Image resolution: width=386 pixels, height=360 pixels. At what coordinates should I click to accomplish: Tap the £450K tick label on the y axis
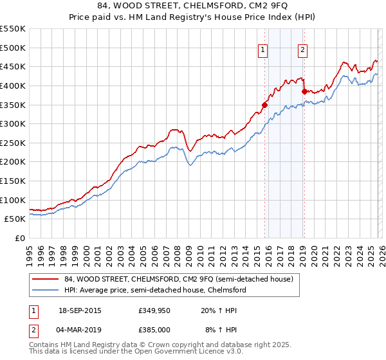coord(13,66)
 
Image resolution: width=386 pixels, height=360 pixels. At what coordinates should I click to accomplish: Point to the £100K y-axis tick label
coord(13,200)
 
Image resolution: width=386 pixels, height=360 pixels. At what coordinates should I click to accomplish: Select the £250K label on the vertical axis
coord(13,143)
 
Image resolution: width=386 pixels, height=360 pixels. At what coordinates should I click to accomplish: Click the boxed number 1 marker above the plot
coord(264,51)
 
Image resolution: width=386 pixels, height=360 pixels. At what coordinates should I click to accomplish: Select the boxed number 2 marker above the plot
coord(302,51)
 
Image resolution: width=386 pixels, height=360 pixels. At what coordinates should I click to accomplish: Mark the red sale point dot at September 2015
coord(264,104)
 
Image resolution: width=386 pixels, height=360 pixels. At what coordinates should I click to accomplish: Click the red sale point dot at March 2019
coord(304,91)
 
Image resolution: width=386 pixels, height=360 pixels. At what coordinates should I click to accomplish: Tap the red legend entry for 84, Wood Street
coord(178,279)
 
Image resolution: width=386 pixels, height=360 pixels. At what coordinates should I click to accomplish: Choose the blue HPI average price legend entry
coord(154,290)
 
